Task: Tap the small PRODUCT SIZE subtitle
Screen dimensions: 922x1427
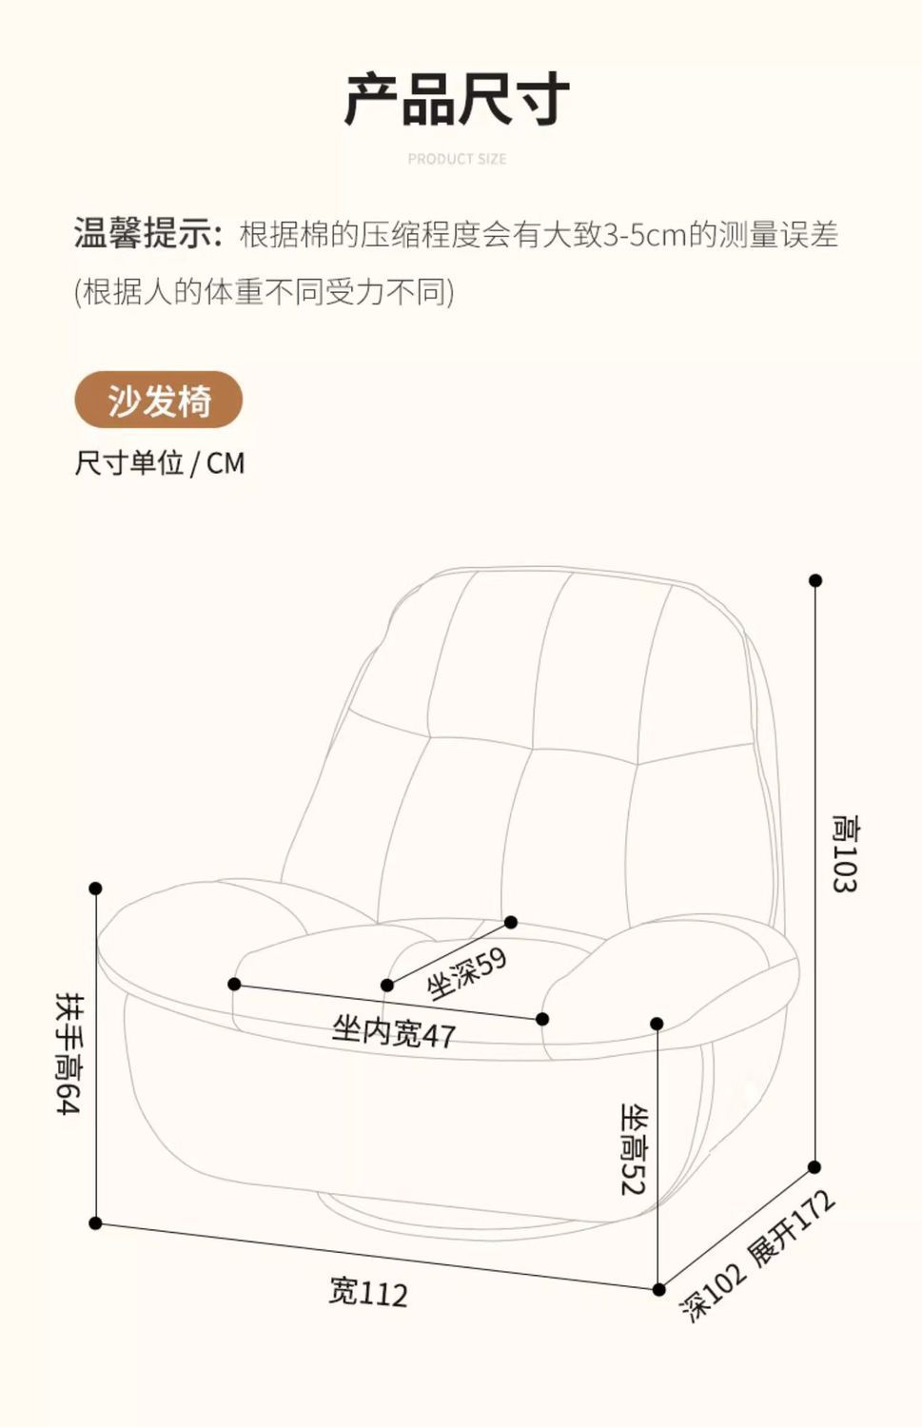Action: (x=457, y=159)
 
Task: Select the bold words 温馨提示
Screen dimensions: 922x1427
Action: (x=147, y=233)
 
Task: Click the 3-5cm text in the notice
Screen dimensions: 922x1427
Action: (x=644, y=235)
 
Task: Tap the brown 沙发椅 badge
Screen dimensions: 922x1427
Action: (x=158, y=401)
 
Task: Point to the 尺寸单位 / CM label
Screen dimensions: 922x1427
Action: (x=160, y=463)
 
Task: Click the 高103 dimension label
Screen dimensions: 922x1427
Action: (x=844, y=853)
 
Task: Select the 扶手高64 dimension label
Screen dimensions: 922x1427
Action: (x=69, y=1052)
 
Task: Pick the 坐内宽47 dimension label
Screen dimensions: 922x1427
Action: (x=393, y=1031)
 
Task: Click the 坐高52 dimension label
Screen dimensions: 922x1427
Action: (x=634, y=1148)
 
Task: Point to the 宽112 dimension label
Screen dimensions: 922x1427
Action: (x=368, y=1292)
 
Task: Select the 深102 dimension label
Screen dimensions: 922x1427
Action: (x=713, y=1292)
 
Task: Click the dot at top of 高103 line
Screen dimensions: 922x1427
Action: (x=815, y=580)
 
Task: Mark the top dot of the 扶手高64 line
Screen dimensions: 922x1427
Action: (x=95, y=889)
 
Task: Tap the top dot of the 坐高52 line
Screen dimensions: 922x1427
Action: (x=657, y=1024)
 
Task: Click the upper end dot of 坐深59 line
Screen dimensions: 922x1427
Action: (x=511, y=922)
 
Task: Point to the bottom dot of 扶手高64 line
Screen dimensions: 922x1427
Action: (x=95, y=1222)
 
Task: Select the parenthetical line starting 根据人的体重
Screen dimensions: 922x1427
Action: (x=265, y=292)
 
